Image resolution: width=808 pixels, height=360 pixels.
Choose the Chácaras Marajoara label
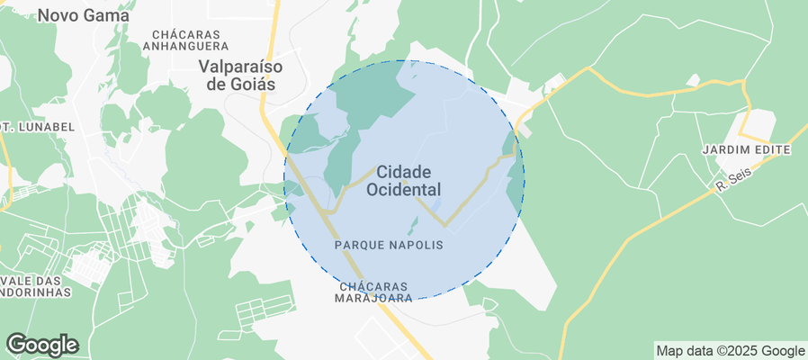pyautogui.click(x=373, y=291)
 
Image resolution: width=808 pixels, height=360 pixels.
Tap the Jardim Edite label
pyautogui.click(x=746, y=149)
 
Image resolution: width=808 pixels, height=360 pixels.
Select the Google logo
pyautogui.click(x=41, y=344)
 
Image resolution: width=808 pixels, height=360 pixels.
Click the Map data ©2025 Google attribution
pyautogui.click(x=730, y=351)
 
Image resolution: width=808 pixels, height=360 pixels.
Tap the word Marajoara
pyautogui.click(x=373, y=297)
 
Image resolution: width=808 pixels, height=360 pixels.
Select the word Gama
pyautogui.click(x=110, y=15)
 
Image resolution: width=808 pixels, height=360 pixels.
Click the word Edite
pyautogui.click(x=770, y=149)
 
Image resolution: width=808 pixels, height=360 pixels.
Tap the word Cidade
pyautogui.click(x=403, y=171)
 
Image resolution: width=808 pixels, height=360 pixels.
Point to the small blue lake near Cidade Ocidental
pyautogui.click(x=435, y=205)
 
